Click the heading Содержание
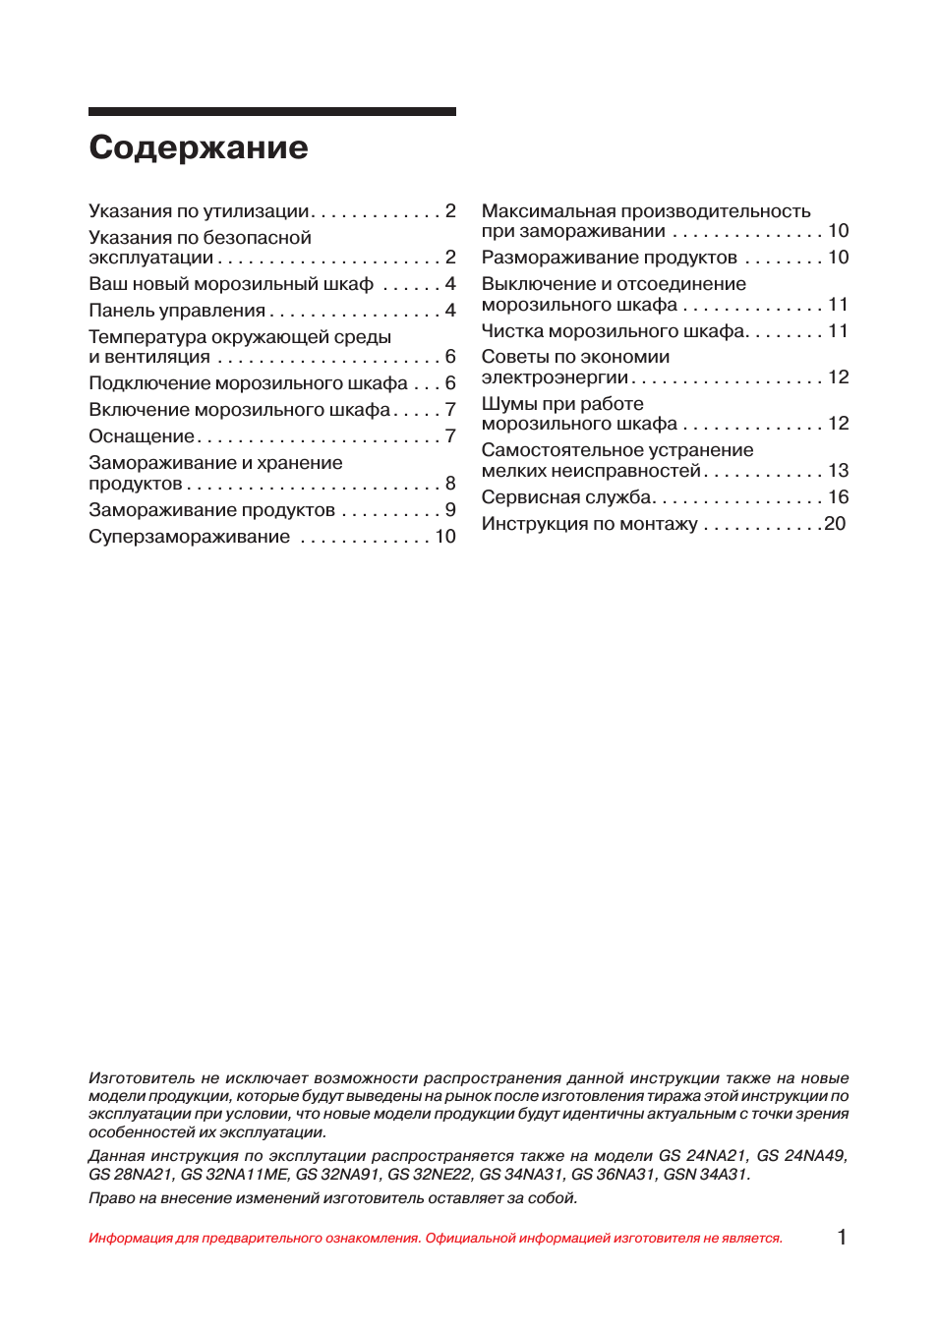point(199,147)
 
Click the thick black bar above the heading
point(272,112)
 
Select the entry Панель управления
point(177,311)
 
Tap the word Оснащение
point(142,436)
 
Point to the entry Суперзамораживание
point(190,537)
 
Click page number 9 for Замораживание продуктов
point(450,510)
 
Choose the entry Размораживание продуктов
point(609,258)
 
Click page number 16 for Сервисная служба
point(838,497)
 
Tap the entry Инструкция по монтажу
point(589,524)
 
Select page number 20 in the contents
point(835,524)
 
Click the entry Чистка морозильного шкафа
point(614,331)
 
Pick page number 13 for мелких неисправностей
point(838,471)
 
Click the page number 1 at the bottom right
point(842,1238)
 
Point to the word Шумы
point(507,404)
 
